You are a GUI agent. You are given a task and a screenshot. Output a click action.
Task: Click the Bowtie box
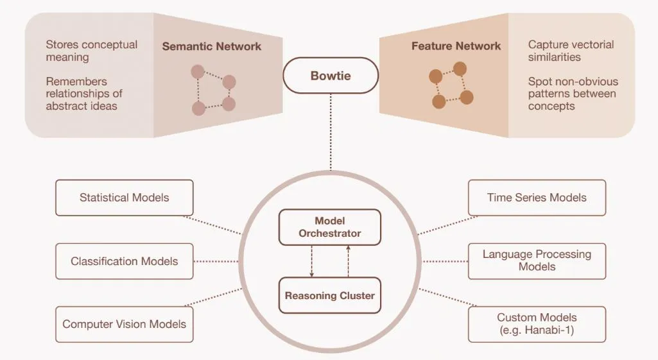[331, 76]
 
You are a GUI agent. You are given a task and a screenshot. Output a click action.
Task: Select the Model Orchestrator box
[329, 227]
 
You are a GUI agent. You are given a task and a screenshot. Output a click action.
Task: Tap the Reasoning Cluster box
[329, 296]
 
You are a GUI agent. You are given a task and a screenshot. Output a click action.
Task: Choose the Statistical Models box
[124, 198]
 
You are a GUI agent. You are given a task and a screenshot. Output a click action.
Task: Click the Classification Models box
[124, 261]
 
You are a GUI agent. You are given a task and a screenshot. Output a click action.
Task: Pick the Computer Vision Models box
[124, 324]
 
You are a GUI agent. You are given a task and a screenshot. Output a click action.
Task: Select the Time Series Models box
[537, 198]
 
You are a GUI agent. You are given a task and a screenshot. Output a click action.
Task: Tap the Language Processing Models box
[537, 261]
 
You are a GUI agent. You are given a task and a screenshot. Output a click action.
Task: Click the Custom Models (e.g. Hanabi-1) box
[537, 324]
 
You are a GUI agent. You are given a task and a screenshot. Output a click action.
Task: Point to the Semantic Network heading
[211, 47]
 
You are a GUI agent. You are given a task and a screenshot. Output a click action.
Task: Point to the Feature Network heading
[456, 46]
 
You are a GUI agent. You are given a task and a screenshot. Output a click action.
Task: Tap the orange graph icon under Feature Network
[451, 85]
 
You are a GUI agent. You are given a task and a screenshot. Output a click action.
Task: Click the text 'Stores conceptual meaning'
[91, 51]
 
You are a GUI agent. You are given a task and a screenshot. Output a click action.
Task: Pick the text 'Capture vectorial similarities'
[571, 51]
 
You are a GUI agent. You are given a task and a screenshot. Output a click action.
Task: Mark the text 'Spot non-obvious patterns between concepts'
[573, 94]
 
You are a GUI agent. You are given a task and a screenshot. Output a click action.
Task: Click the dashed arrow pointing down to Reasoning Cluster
[312, 261]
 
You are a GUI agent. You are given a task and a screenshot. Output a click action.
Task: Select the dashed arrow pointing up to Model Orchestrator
[348, 261]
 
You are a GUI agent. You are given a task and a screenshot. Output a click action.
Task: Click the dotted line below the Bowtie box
[331, 132]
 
